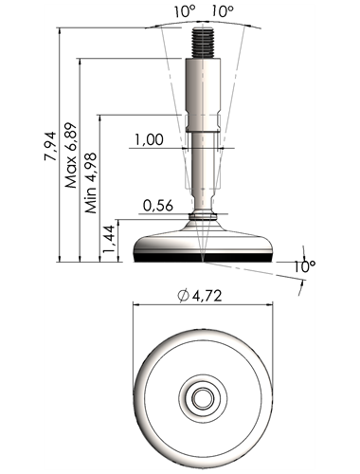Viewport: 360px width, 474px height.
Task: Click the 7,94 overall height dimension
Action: (50, 146)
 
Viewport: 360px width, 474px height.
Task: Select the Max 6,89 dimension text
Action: (71, 155)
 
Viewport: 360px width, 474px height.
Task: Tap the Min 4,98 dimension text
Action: (91, 183)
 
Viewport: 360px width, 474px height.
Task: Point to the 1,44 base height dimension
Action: (109, 239)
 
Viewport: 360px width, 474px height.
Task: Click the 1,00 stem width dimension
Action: (150, 139)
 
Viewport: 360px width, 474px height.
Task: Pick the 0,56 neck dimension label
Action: (158, 206)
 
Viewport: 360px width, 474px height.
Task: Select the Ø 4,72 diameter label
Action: (200, 296)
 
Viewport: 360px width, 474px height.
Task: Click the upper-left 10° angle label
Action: (185, 11)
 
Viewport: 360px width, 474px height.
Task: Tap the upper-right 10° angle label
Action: (223, 11)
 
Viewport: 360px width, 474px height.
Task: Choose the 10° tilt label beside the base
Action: (305, 267)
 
